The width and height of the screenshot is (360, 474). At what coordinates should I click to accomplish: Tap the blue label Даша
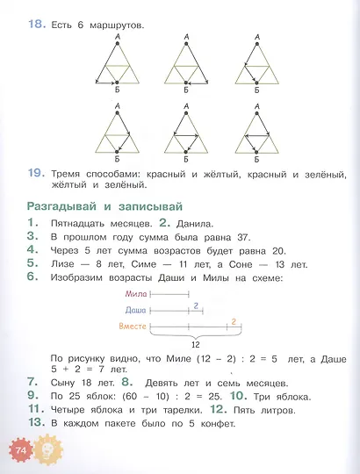point(136,311)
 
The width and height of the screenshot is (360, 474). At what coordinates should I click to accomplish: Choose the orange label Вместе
point(133,327)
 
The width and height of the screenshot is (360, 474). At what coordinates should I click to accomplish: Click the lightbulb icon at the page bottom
point(46,449)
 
